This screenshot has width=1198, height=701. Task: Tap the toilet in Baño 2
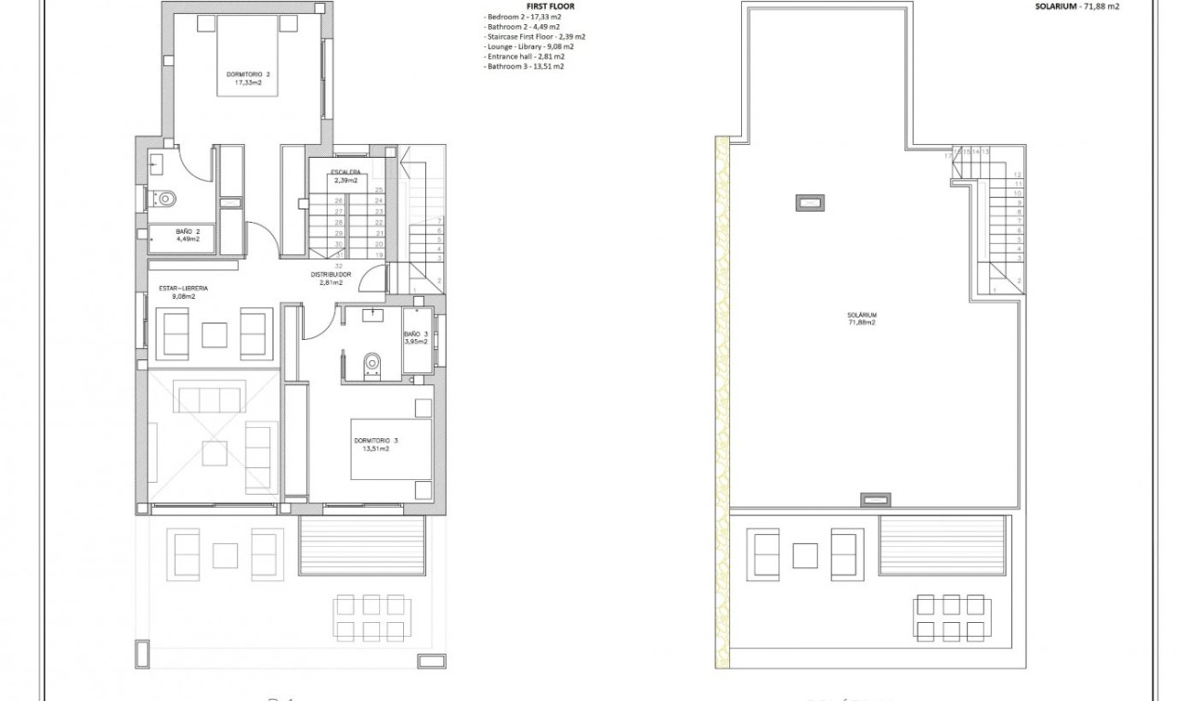[165, 198]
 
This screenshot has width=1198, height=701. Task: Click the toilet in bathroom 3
[372, 363]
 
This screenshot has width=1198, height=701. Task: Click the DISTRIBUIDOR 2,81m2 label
[331, 279]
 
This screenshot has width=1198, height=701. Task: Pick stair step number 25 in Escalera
[379, 190]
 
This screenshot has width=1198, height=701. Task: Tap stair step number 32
[339, 266]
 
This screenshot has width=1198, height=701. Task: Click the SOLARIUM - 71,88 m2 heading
[1077, 6]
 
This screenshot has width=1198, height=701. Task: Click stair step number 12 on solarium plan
[1018, 175]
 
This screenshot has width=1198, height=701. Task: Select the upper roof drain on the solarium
[810, 201]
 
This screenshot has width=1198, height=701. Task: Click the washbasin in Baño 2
[155, 165]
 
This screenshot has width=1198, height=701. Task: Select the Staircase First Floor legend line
[534, 37]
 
